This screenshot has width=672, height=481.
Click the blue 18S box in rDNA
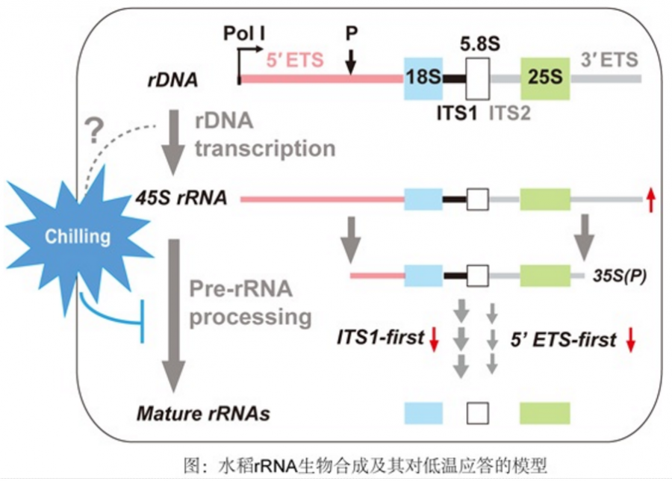pyautogui.click(x=423, y=78)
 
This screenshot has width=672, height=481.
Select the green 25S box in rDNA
pyautogui.click(x=544, y=78)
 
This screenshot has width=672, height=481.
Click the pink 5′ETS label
pyautogui.click(x=295, y=59)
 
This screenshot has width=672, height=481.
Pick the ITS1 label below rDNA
pyautogui.click(x=457, y=114)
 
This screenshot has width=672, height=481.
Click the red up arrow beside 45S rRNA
pyautogui.click(x=651, y=199)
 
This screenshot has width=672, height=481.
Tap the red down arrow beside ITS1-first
pyautogui.click(x=434, y=339)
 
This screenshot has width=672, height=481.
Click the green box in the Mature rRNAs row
pyautogui.click(x=544, y=412)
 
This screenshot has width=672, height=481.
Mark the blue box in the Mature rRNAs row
pyautogui.click(x=423, y=412)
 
